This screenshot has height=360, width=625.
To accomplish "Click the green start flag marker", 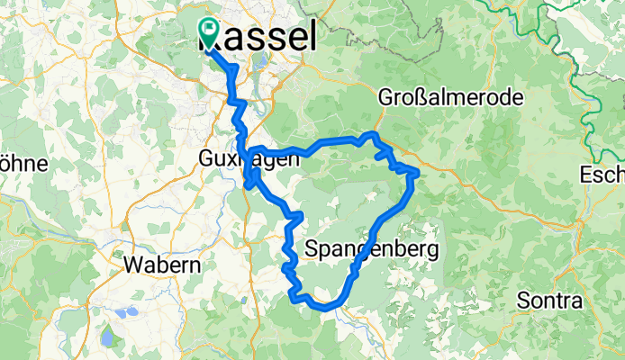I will point(208,31).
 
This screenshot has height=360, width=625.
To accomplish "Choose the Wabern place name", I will point(149,265).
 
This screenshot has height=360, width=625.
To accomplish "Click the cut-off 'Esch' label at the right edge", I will point(603,174).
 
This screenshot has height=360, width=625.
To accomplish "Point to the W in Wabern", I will point(130,265).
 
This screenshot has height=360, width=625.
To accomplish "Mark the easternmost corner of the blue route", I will point(418,170).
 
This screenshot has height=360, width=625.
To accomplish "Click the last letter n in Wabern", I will point(171,265).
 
